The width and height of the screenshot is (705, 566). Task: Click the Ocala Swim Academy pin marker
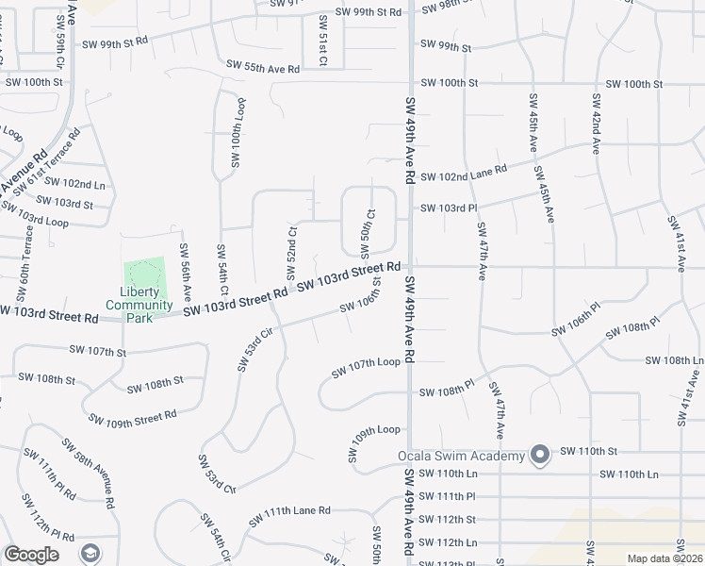tap(540, 456)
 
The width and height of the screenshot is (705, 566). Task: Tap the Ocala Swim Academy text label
tap(459, 457)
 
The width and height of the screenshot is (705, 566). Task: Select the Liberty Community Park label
tap(139, 305)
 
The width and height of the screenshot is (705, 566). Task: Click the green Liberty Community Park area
tap(144, 275)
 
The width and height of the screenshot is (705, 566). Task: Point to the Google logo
tap(31, 555)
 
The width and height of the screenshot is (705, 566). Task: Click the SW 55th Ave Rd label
tap(263, 66)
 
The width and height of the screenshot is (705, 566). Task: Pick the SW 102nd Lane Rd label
tap(464, 174)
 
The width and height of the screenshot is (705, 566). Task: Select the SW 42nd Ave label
tap(596, 123)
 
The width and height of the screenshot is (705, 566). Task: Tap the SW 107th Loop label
tap(367, 368)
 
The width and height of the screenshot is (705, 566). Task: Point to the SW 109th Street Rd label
tap(132, 416)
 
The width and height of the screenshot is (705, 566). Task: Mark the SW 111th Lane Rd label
tap(289, 516)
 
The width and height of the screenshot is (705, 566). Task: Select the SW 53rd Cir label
tap(248, 351)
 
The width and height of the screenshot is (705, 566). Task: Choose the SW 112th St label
tap(448, 520)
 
